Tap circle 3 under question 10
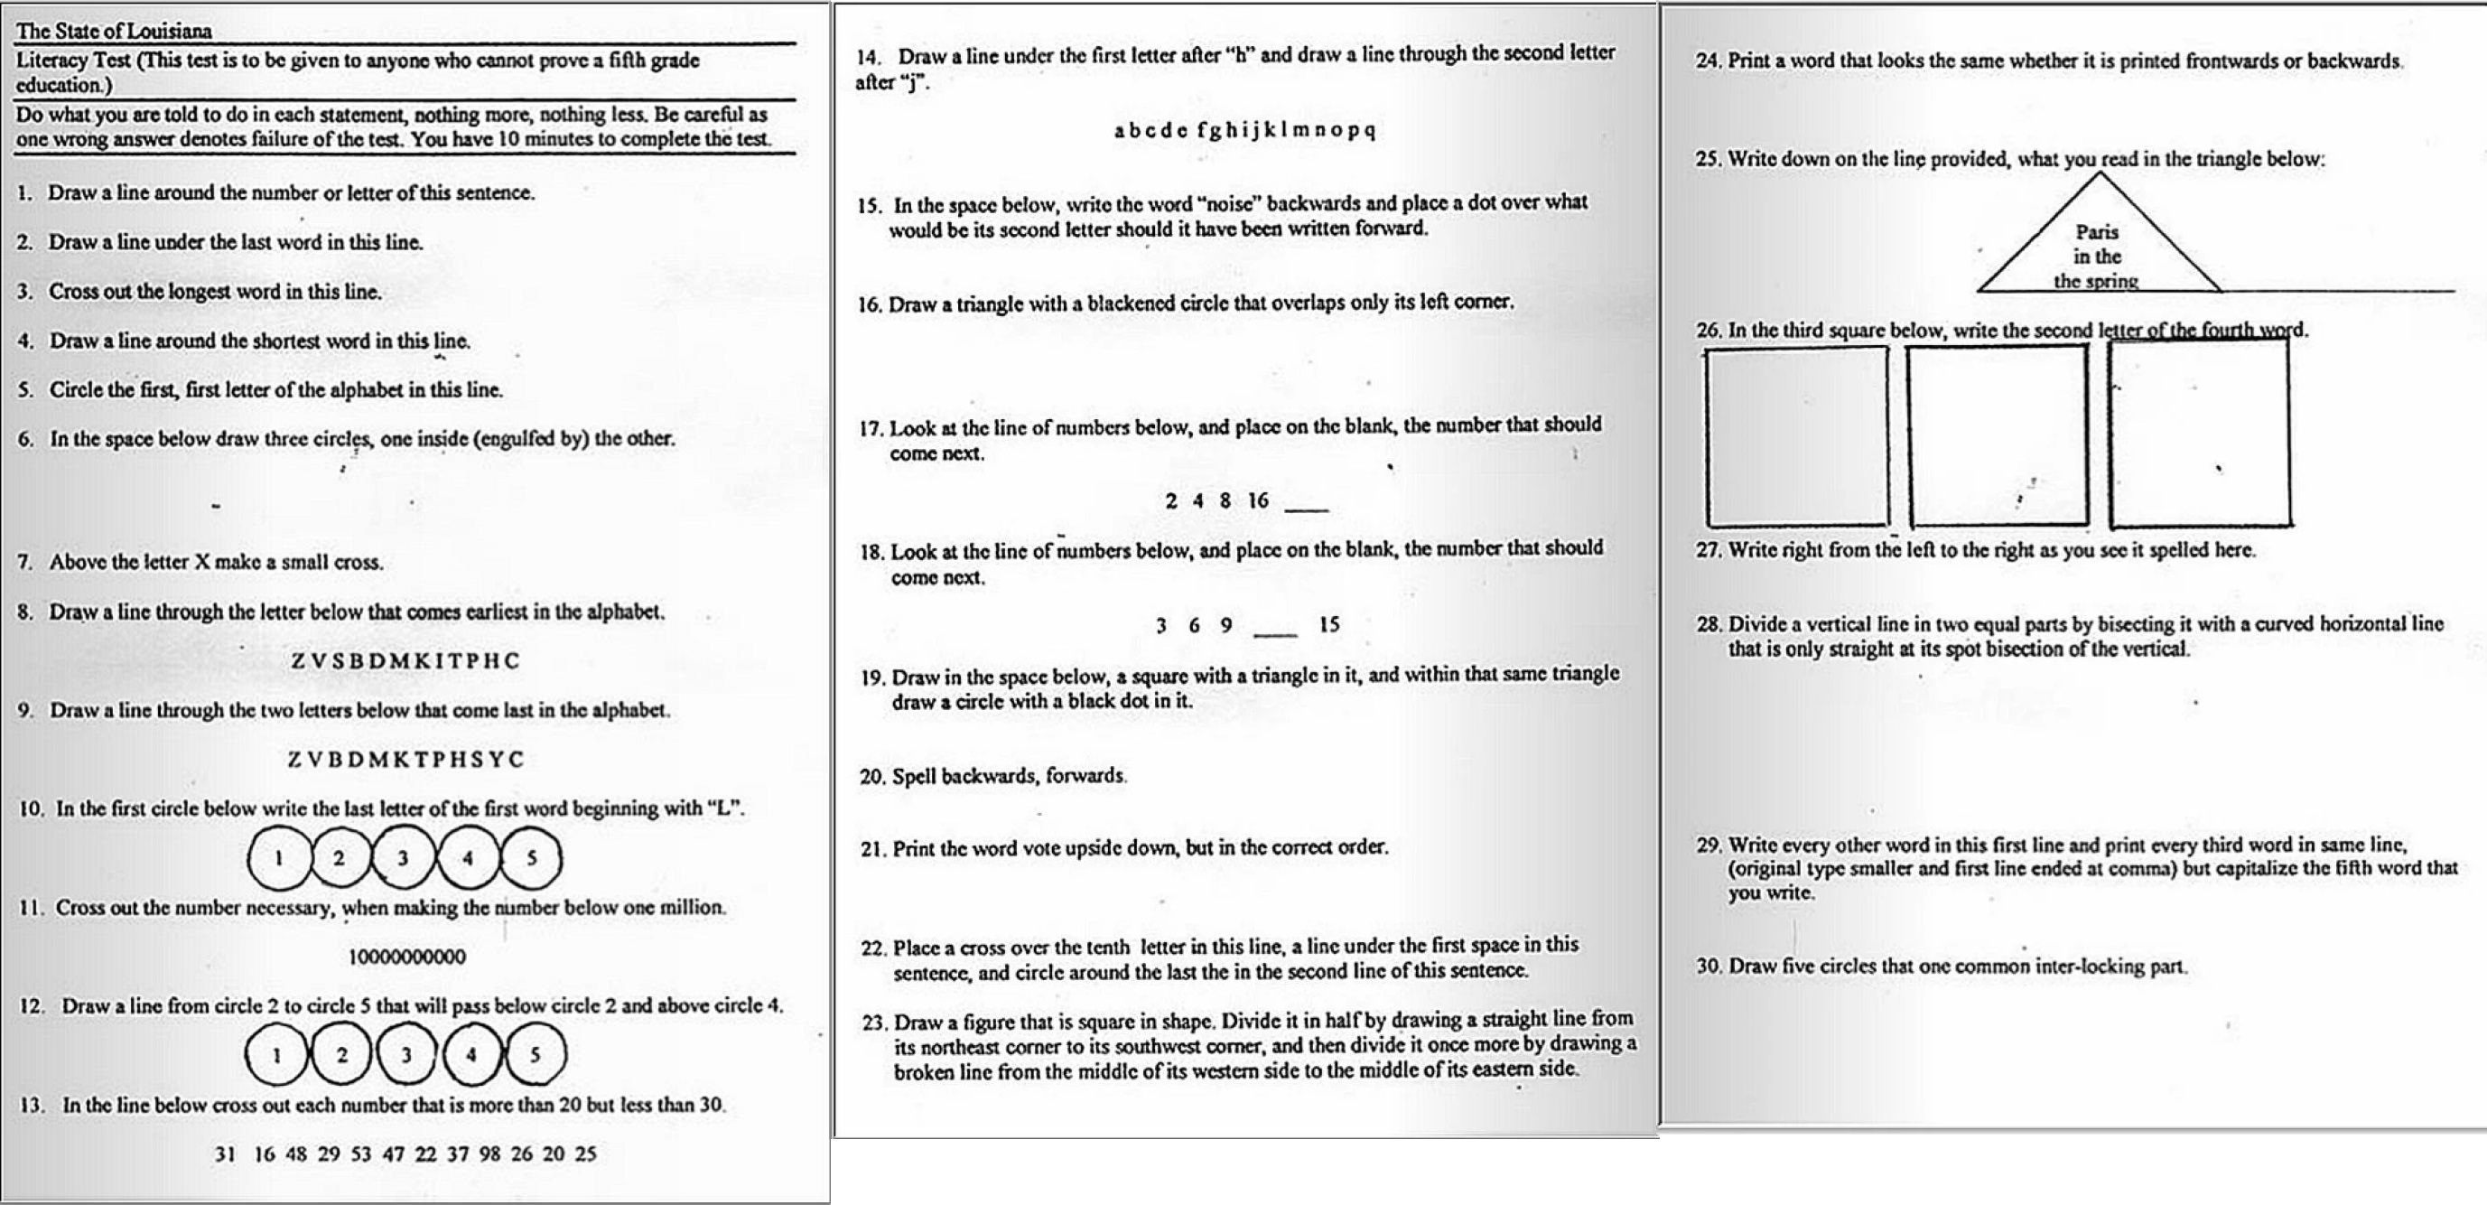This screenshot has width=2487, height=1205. pos(403,857)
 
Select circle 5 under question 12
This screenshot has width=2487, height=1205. pos(535,1054)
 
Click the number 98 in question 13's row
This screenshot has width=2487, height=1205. pos(489,1154)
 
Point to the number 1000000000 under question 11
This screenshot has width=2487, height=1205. pos(406,957)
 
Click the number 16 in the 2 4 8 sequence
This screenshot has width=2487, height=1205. pos(1257,500)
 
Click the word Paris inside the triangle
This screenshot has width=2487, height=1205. pos(2097,232)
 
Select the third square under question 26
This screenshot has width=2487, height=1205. pos(2199,434)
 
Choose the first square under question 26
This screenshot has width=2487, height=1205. pos(1797,436)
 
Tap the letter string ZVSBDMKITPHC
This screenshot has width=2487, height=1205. pos(405,661)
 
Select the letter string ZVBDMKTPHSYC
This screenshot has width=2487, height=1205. pos(405,760)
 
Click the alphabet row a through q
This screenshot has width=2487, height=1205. pos(1244,130)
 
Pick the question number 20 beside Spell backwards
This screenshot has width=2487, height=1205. pos(871,776)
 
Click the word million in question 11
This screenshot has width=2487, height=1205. pos(693,908)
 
